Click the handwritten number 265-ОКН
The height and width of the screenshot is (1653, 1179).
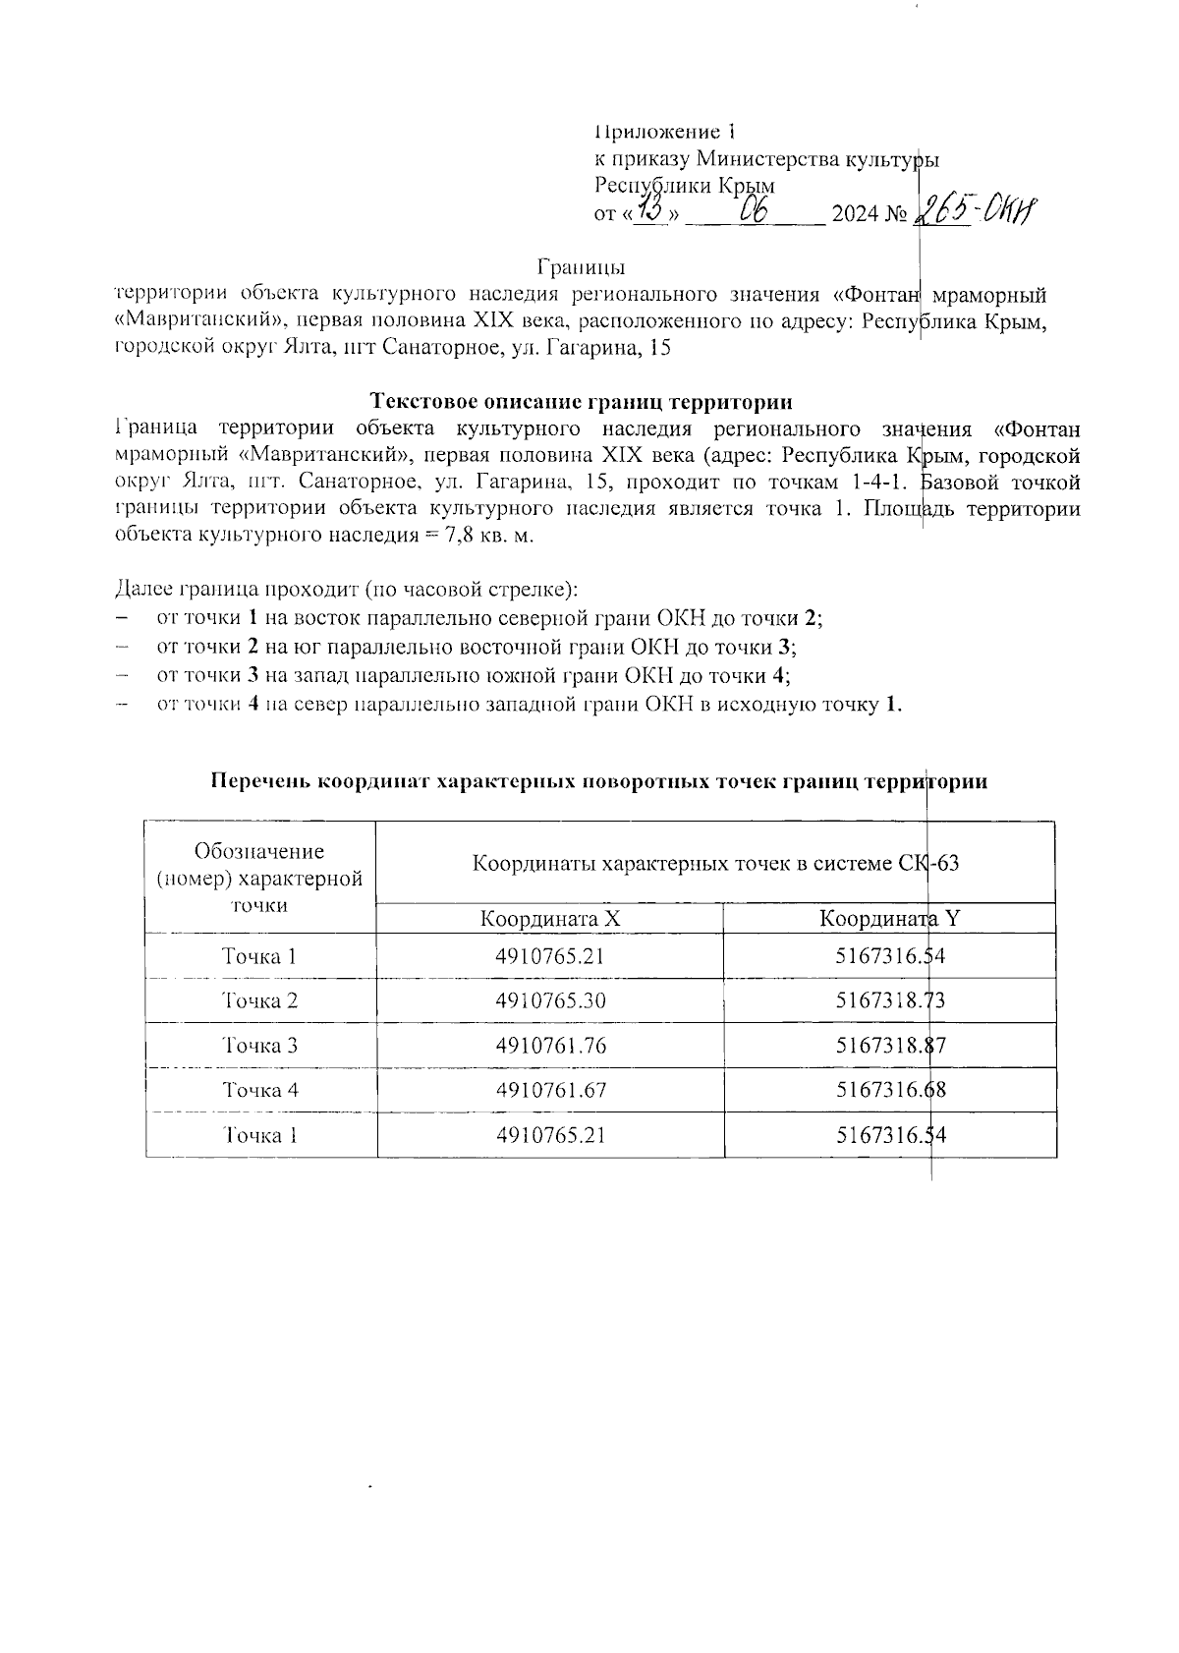click(x=977, y=208)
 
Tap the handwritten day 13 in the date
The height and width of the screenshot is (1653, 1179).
click(x=651, y=208)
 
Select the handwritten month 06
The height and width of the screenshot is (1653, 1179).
click(x=754, y=209)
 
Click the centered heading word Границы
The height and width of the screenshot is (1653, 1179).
click(x=582, y=266)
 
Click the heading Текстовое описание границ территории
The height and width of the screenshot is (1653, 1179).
click(x=582, y=401)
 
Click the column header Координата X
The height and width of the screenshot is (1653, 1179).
click(x=550, y=919)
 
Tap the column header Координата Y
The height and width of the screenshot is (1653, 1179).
click(x=890, y=919)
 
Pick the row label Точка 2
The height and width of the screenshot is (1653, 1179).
click(x=259, y=1000)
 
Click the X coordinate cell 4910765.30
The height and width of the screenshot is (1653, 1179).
click(x=550, y=1000)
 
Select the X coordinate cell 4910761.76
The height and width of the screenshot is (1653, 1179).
click(x=550, y=1046)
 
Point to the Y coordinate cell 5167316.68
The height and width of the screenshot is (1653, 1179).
click(x=890, y=1090)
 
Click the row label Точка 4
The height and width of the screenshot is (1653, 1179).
click(x=259, y=1090)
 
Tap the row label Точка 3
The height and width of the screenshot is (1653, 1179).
click(x=259, y=1046)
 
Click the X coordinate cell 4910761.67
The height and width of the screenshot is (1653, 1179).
click(x=550, y=1090)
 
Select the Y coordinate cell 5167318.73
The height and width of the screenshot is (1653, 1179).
click(x=890, y=1000)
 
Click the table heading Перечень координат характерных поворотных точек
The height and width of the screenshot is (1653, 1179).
click(x=599, y=781)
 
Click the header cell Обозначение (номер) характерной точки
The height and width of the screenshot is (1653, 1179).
click(x=259, y=878)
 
